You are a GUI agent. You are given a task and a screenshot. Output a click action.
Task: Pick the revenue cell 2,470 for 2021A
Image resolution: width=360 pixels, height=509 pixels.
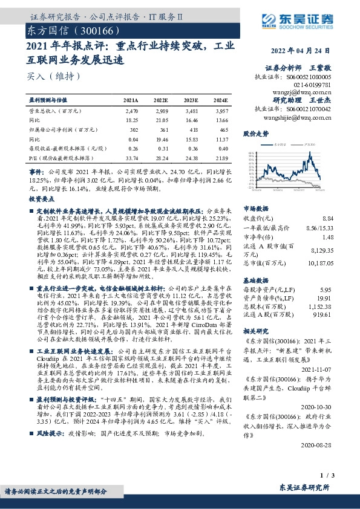tap(131, 112)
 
